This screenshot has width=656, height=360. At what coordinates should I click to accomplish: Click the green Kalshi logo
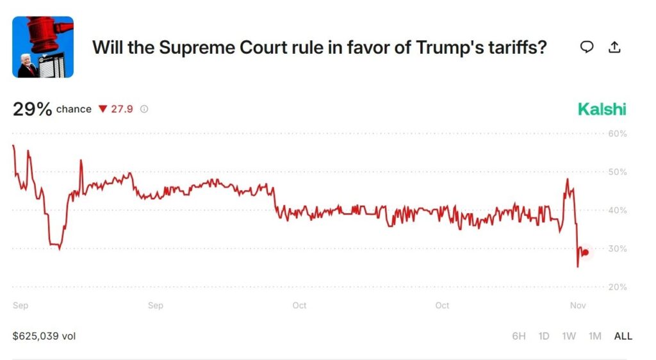pyautogui.click(x=602, y=109)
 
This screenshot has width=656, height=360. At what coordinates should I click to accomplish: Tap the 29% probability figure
pyautogui.click(x=32, y=109)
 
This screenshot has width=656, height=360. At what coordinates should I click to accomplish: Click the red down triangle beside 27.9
pyautogui.click(x=102, y=110)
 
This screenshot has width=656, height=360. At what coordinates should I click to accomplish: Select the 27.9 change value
pyautogui.click(x=122, y=110)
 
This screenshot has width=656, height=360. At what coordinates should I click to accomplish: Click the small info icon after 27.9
pyautogui.click(x=144, y=110)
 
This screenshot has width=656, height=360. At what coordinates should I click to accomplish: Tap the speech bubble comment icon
pyautogui.click(x=586, y=47)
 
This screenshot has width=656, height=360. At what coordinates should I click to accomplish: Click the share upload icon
pyautogui.click(x=614, y=47)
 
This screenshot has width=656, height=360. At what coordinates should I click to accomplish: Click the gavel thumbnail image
pyautogui.click(x=43, y=47)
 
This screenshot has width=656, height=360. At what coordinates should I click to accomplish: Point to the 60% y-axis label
pyautogui.click(x=617, y=134)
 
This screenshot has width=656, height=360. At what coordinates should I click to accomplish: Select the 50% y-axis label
pyautogui.click(x=617, y=172)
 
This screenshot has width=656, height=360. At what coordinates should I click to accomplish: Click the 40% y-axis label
pyautogui.click(x=617, y=211)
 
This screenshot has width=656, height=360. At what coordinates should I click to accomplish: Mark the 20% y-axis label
pyautogui.click(x=617, y=287)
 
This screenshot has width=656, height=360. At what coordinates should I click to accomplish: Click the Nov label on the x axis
pyautogui.click(x=578, y=306)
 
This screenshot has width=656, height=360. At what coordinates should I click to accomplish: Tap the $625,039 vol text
pyautogui.click(x=44, y=336)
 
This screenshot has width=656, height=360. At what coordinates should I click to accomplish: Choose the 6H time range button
pyautogui.click(x=520, y=336)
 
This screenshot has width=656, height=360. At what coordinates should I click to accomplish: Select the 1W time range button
pyautogui.click(x=569, y=336)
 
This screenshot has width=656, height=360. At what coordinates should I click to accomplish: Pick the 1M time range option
pyautogui.click(x=594, y=336)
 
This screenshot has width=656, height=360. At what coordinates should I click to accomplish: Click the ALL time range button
pyautogui.click(x=623, y=336)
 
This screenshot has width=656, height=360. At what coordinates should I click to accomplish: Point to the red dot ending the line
pyautogui.click(x=585, y=252)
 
